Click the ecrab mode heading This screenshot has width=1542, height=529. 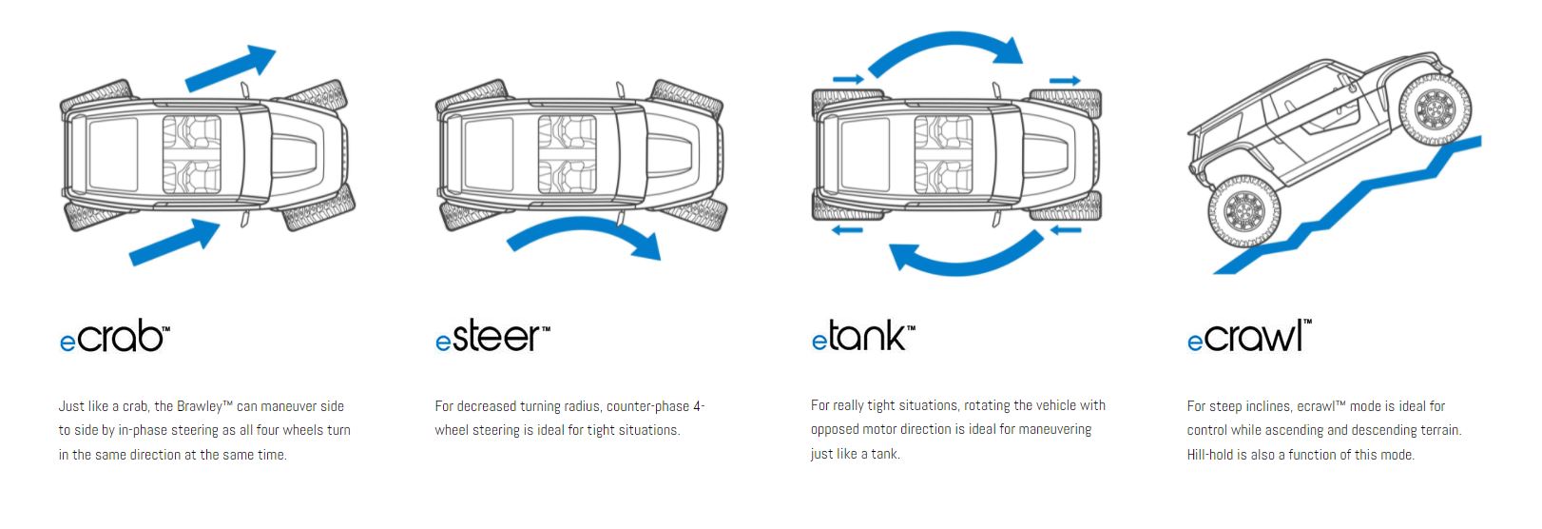click(x=114, y=338)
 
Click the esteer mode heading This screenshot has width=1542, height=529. click(x=492, y=338)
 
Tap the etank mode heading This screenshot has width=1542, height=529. click(x=863, y=338)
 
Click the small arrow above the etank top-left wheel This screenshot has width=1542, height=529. click(x=848, y=79)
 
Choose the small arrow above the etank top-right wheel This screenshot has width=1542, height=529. click(x=1065, y=81)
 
